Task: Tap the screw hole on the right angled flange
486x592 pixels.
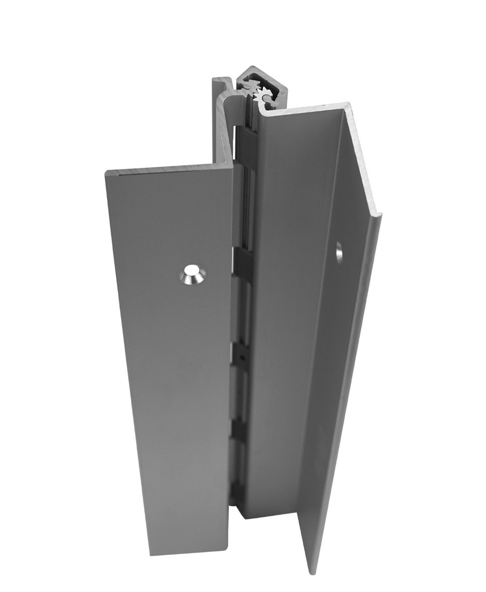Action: (x=339, y=253)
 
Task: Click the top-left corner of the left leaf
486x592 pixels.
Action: (x=106, y=172)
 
